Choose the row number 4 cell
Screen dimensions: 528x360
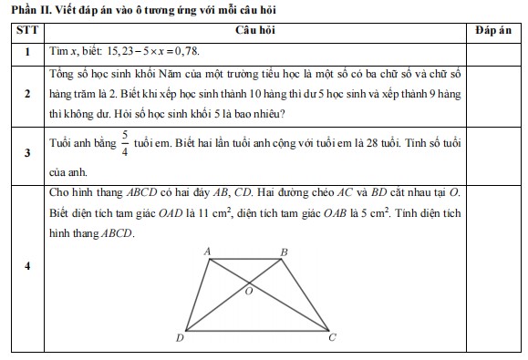pyautogui.click(x=28, y=267)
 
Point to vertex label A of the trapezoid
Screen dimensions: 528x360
pyautogui.click(x=207, y=251)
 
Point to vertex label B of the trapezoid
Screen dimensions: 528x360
pyautogui.click(x=284, y=252)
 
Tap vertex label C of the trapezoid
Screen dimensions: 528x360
pyautogui.click(x=332, y=338)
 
